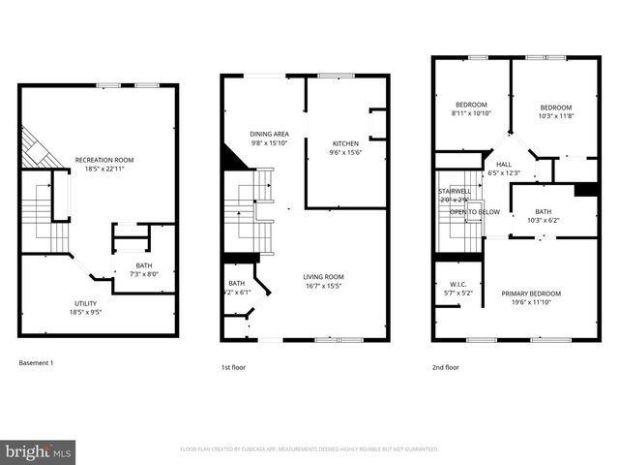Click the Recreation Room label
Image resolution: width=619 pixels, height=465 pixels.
pyautogui.click(x=109, y=164)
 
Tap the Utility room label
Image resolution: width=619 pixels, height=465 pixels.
pyautogui.click(x=85, y=307)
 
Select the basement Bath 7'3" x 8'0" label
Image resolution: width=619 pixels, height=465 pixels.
pyautogui.click(x=144, y=269)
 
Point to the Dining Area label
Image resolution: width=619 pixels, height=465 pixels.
pyautogui.click(x=270, y=139)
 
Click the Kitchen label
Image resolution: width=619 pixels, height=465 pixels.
pyautogui.click(x=345, y=147)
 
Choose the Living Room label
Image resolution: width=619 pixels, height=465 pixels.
pyautogui.click(x=324, y=281)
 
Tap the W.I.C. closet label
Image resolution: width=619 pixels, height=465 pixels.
pyautogui.click(x=458, y=288)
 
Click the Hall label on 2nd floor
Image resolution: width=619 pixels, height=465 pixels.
pyautogui.click(x=504, y=169)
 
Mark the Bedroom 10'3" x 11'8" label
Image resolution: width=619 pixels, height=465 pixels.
pyautogui.click(x=556, y=111)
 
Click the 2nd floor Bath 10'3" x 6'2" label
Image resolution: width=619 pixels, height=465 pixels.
pyautogui.click(x=543, y=216)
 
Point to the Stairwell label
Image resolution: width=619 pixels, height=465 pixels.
pyautogui.click(x=456, y=192)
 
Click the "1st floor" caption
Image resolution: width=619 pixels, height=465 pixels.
pyautogui.click(x=234, y=367)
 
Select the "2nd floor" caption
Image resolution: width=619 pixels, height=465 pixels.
pyautogui.click(x=446, y=367)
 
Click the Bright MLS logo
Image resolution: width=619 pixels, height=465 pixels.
pyautogui.click(x=38, y=450)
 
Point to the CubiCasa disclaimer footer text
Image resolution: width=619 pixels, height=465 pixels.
pyautogui.click(x=309, y=449)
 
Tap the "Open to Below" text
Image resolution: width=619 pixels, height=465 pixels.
pyautogui.click(x=474, y=211)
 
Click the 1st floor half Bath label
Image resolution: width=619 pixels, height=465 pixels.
pyautogui.click(x=237, y=287)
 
